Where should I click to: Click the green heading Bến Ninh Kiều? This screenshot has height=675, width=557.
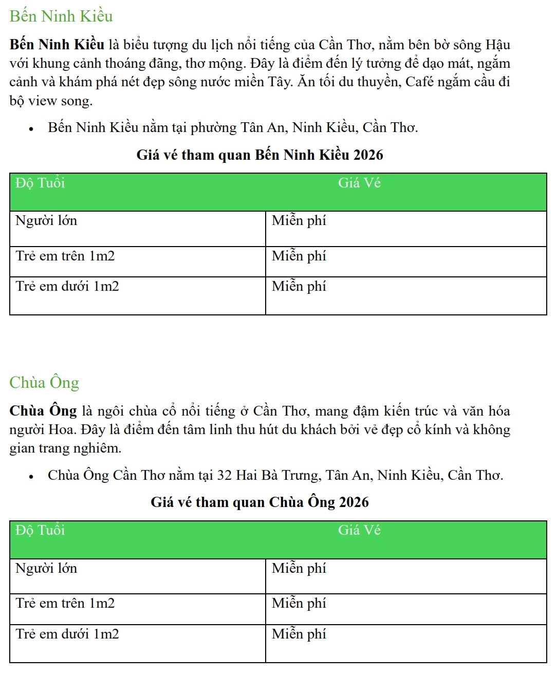click(x=61, y=16)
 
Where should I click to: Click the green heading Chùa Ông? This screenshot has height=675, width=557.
click(x=44, y=383)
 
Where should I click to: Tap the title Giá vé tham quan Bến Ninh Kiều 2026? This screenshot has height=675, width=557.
click(x=259, y=155)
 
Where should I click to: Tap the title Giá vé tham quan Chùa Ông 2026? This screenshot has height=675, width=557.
click(x=259, y=502)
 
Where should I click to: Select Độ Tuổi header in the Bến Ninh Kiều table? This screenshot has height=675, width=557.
click(x=40, y=183)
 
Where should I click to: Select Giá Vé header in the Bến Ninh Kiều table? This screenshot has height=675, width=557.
click(x=359, y=183)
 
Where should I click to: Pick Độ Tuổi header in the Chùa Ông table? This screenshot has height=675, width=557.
click(x=40, y=531)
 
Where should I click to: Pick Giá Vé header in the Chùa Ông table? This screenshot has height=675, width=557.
click(x=359, y=531)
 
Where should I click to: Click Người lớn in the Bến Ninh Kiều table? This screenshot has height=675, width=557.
click(x=46, y=221)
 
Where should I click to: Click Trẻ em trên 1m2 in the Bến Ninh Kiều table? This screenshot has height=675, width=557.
click(x=65, y=256)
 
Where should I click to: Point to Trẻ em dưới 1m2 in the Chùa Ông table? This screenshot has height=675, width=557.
click(x=67, y=634)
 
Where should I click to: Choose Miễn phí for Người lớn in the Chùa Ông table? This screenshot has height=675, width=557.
click(x=299, y=568)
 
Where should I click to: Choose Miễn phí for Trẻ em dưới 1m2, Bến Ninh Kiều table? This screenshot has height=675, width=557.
click(x=299, y=286)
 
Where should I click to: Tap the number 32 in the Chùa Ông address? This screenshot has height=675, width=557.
click(x=225, y=475)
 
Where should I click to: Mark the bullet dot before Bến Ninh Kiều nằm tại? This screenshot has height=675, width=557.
click(x=31, y=129)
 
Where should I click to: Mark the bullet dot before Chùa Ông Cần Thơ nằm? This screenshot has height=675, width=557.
click(x=31, y=477)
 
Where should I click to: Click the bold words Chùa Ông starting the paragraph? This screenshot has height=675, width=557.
click(x=43, y=411)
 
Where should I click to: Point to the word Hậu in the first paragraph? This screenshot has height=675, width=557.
click(x=498, y=45)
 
